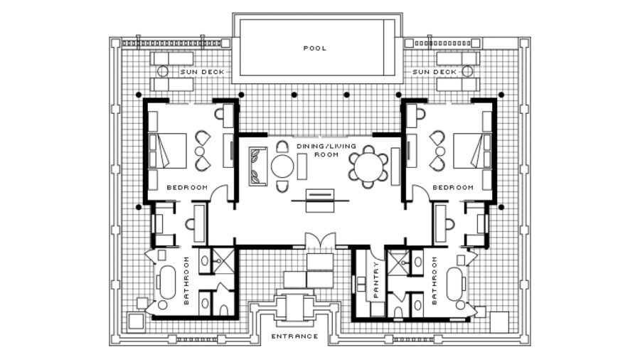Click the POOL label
click(x=315, y=48)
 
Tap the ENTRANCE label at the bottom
click(x=294, y=337)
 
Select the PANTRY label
click(x=376, y=279)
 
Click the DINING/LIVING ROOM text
click(x=326, y=150)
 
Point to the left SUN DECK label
click(x=203, y=72)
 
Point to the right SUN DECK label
click(x=434, y=72)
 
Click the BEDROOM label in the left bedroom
click(x=187, y=188)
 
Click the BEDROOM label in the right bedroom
click(x=453, y=188)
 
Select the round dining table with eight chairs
click(x=368, y=167)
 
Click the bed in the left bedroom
click(x=167, y=151)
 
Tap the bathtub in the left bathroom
click(x=167, y=282)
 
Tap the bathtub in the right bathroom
click(x=455, y=284)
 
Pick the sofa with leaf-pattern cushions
click(x=258, y=166)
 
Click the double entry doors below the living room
click(x=321, y=240)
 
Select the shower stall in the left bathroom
click(x=223, y=260)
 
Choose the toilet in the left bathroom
click(x=224, y=309)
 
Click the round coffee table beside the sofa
click(x=282, y=167)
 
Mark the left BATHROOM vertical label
click(x=186, y=280)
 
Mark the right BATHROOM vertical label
click(x=434, y=280)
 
